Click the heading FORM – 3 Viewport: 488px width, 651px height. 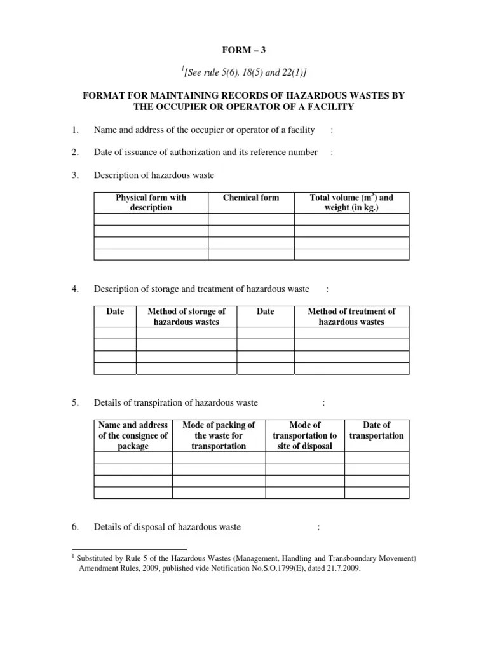click(x=245, y=49)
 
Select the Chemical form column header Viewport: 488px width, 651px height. click(x=251, y=198)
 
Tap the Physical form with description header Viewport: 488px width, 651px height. click(x=151, y=203)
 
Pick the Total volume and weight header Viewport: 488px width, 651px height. click(x=351, y=203)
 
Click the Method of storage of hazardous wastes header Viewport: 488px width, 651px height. click(x=186, y=317)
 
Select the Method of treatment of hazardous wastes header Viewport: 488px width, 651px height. click(x=351, y=317)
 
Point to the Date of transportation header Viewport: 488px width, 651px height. click(x=376, y=430)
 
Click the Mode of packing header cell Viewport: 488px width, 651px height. click(x=219, y=435)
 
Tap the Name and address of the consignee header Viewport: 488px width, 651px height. click(x=133, y=435)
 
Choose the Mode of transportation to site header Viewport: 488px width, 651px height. click(x=304, y=435)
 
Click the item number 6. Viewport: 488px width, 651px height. click(x=75, y=526)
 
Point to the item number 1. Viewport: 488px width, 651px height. click(x=74, y=130)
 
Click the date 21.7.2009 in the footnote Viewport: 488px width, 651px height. click(x=344, y=569)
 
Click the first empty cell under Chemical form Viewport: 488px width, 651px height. click(x=251, y=220)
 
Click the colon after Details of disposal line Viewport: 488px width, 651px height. click(x=318, y=526)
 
